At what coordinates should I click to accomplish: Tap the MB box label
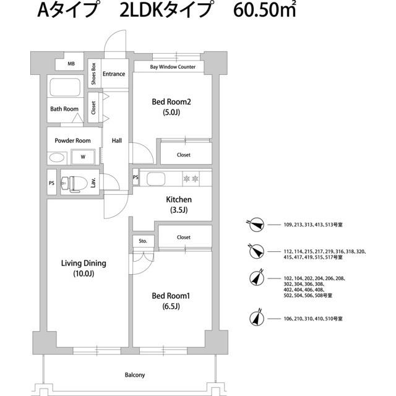71,64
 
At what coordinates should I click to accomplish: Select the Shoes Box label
93,74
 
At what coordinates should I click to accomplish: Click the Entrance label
114,74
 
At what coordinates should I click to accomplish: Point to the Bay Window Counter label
173,67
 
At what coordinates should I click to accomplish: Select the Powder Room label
72,140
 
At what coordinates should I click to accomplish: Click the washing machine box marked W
82,157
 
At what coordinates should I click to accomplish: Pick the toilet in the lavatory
74,183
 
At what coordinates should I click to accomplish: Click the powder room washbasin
58,157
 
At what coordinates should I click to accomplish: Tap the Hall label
116,140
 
